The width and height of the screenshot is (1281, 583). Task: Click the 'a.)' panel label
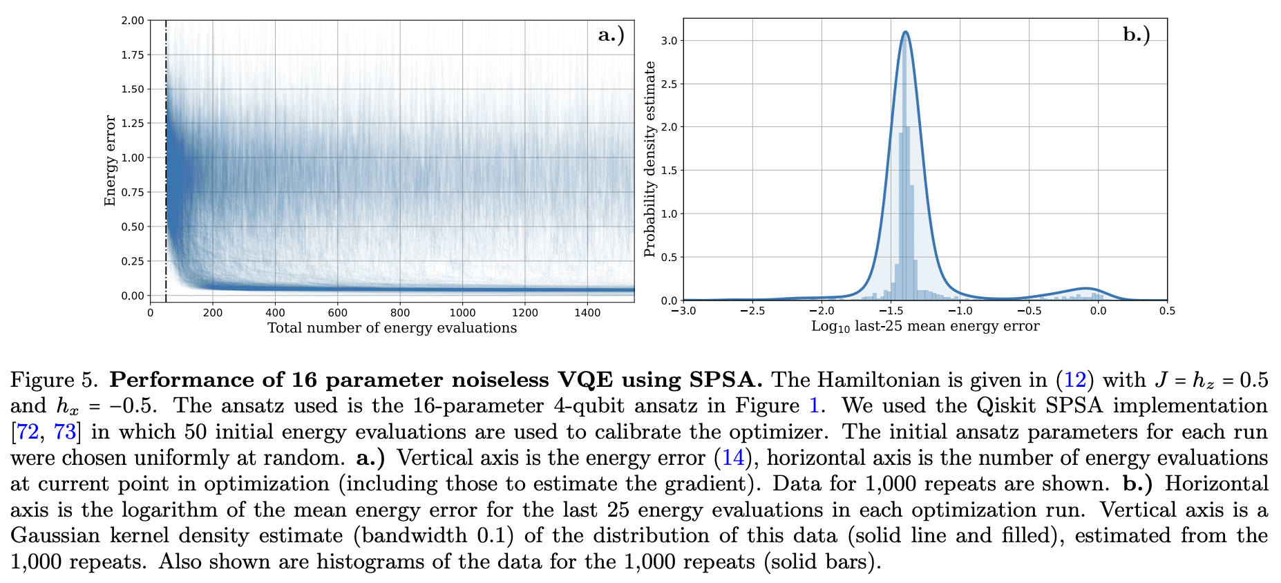pos(611,35)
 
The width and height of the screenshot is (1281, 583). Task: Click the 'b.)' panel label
pos(1136,35)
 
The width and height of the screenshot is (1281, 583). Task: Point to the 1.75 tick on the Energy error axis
pos(133,55)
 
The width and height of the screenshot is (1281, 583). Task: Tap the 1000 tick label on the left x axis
pos(462,313)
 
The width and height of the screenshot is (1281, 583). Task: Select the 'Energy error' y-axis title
pos(110,160)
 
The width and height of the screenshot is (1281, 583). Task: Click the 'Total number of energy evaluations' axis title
pos(392,328)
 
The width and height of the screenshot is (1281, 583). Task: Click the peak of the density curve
pos(905,32)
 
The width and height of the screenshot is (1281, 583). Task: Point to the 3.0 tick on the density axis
pos(669,41)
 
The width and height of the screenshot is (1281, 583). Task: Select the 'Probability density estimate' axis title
pos(649,159)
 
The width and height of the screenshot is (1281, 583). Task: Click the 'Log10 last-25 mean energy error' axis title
pos(924,327)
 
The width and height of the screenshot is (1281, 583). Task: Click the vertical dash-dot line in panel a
pos(166,173)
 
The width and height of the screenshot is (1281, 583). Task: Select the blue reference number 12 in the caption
pos(1074,380)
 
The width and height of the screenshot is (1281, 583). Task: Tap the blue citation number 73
pos(64,432)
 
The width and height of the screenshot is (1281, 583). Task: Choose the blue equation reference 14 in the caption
pos(732,458)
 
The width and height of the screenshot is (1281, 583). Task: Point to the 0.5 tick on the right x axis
pos(1167,312)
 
